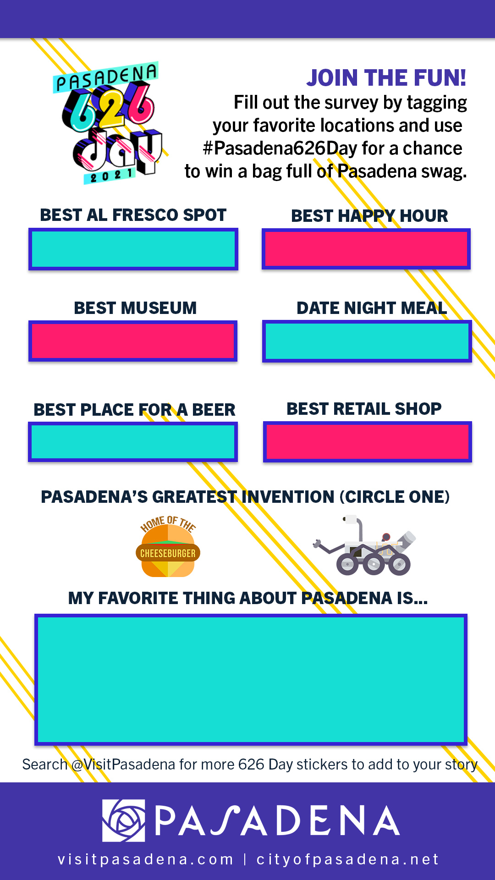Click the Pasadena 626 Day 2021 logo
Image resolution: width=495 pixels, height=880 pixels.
click(108, 123)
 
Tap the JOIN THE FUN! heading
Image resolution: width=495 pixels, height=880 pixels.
click(386, 78)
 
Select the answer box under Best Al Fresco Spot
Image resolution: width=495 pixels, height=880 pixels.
click(133, 249)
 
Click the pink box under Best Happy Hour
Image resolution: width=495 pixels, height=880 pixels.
click(366, 249)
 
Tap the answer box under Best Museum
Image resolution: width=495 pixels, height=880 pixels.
click(133, 341)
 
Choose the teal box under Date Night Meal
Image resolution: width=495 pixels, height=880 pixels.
click(367, 341)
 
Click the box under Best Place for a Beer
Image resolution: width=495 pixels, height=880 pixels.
click(133, 442)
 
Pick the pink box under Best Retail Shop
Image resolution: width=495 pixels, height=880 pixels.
click(368, 442)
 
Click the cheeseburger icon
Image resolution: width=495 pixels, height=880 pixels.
click(168, 546)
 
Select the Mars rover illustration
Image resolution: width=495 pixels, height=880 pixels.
click(365, 545)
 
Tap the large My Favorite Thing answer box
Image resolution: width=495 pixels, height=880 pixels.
click(251, 680)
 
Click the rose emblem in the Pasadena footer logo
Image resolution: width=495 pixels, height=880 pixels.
click(124, 820)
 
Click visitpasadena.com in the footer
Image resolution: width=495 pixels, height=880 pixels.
click(146, 859)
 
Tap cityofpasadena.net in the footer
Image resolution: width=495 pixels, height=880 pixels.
click(347, 859)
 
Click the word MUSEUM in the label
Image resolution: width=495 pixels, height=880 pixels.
click(159, 308)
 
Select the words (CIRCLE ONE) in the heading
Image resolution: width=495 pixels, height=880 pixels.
click(395, 497)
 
